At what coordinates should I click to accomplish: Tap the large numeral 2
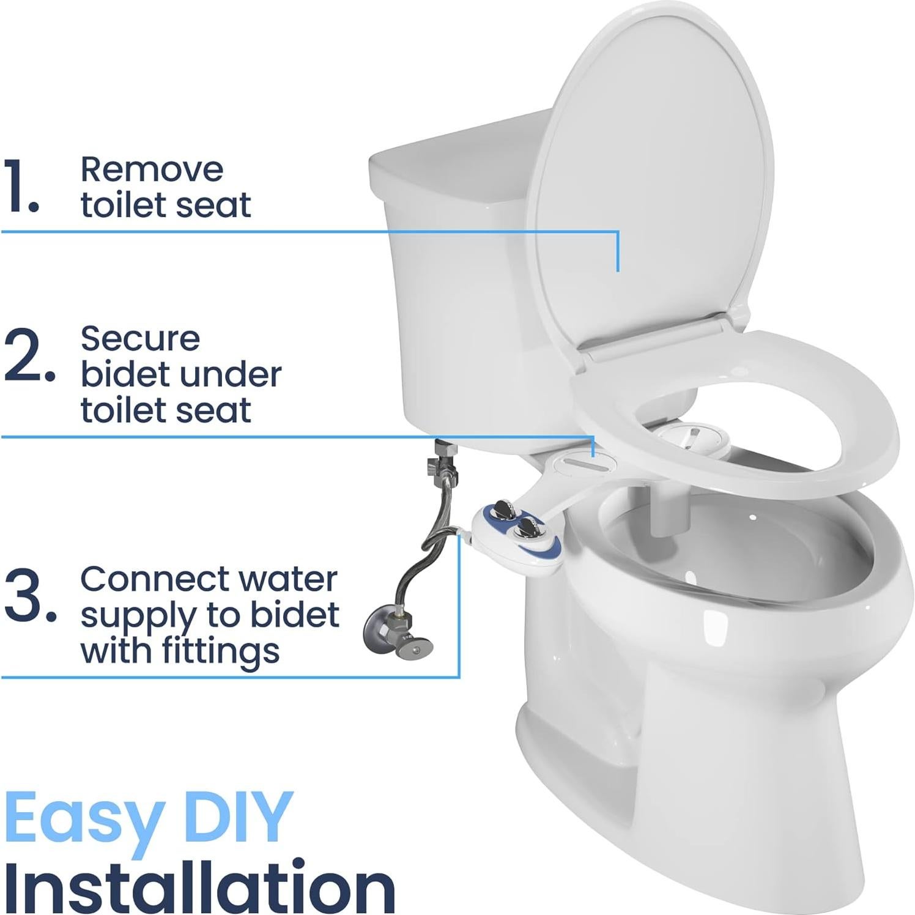click(x=28, y=356)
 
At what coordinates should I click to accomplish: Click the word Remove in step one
click(x=152, y=169)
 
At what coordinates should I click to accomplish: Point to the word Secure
click(x=140, y=339)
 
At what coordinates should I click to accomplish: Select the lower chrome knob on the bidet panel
click(x=526, y=526)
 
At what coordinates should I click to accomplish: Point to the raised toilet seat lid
click(x=648, y=177)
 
